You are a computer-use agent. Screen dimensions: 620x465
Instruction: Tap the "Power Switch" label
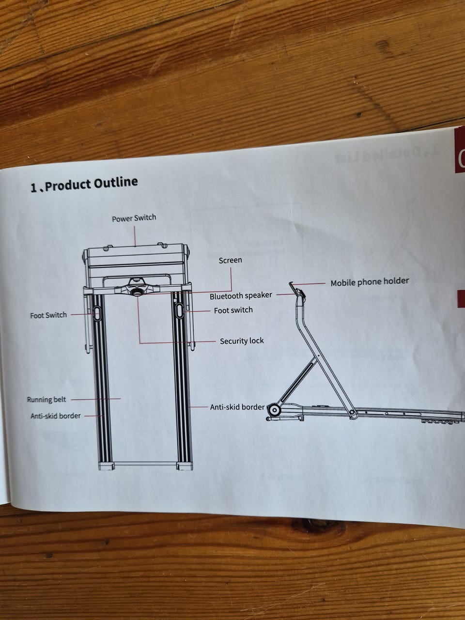tap(134, 218)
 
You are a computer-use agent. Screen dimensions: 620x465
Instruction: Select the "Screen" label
tap(230, 261)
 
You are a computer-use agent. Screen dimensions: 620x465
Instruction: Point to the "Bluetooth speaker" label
tap(241, 295)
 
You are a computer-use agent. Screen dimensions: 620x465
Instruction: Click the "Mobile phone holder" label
tap(370, 281)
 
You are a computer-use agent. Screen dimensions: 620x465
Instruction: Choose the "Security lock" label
tap(242, 341)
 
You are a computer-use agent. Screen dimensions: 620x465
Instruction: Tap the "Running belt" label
tap(46, 400)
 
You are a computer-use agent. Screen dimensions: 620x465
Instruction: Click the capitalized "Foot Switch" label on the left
tap(48, 315)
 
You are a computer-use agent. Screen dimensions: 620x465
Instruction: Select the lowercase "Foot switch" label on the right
tap(233, 310)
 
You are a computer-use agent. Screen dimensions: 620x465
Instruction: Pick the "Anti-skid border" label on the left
tap(56, 416)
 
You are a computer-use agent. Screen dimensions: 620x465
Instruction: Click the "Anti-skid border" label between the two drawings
tap(237, 407)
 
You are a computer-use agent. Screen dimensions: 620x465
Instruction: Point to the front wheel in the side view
tap(274, 410)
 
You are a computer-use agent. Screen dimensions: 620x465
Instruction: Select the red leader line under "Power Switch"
tap(135, 234)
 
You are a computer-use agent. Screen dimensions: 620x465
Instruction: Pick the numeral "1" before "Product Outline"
tap(33, 187)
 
